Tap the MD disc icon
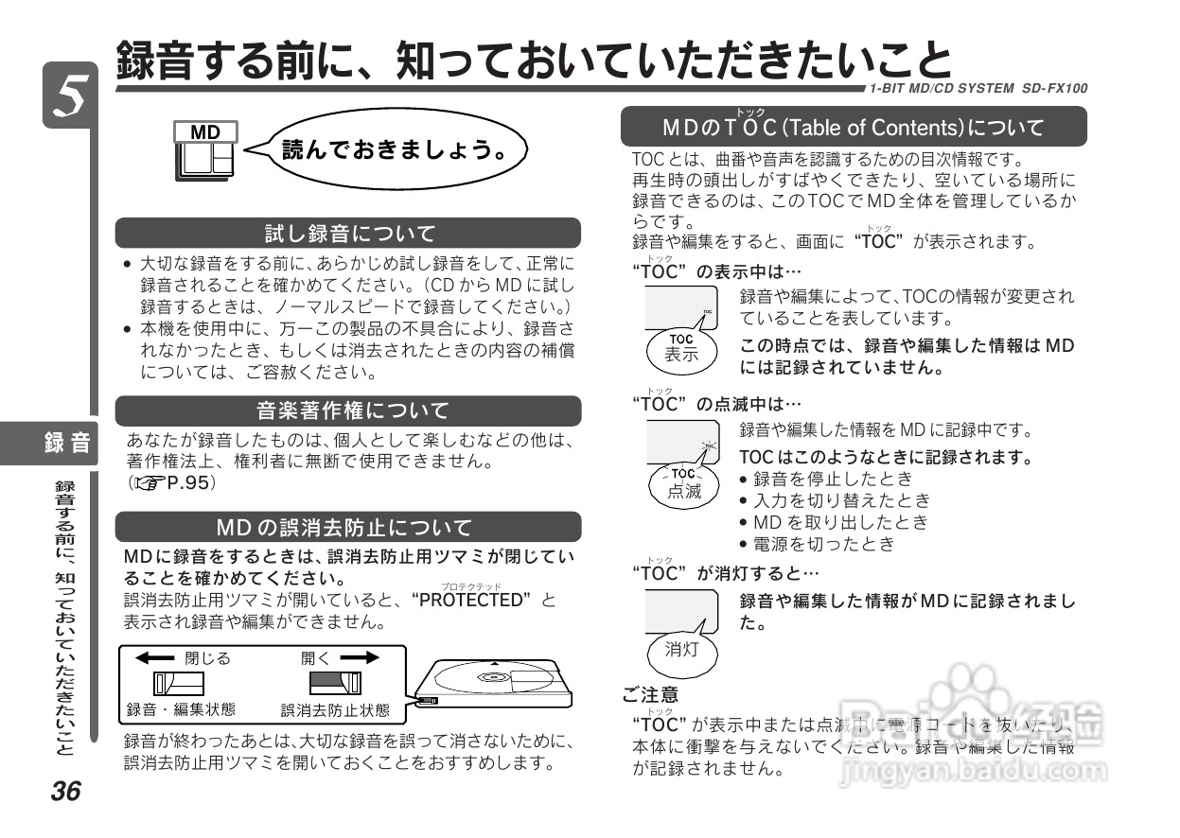point(205,150)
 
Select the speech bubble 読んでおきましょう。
point(396,149)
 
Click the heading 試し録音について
point(348,233)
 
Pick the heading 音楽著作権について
point(348,410)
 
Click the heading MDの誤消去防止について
point(348,527)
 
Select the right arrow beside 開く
point(360,658)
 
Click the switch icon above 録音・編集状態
point(180,682)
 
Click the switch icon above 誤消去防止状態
point(335,682)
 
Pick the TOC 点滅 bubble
point(683,482)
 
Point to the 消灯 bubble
point(681,649)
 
